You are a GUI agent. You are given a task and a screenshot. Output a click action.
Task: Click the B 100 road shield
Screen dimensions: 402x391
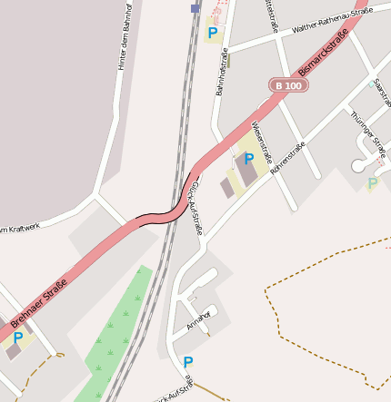(x=288, y=85)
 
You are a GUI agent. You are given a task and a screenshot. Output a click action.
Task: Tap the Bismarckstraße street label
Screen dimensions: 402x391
(x=324, y=55)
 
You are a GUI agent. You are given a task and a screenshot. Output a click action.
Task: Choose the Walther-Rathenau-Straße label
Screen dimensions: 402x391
(x=332, y=21)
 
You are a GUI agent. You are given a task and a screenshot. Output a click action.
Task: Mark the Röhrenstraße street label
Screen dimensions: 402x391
(x=287, y=158)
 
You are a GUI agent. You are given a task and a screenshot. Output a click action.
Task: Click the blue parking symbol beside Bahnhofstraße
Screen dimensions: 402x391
(x=212, y=34)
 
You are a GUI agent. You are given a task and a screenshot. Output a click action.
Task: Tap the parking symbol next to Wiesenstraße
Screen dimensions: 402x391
(x=248, y=158)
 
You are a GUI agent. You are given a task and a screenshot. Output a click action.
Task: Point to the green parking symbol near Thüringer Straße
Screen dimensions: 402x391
(x=372, y=183)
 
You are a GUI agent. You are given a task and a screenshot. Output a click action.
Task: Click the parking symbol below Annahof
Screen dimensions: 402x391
(x=187, y=362)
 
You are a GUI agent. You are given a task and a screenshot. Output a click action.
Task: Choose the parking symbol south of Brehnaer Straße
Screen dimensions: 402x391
(x=17, y=338)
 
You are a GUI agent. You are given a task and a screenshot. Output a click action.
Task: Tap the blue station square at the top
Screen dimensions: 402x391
(x=195, y=8)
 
